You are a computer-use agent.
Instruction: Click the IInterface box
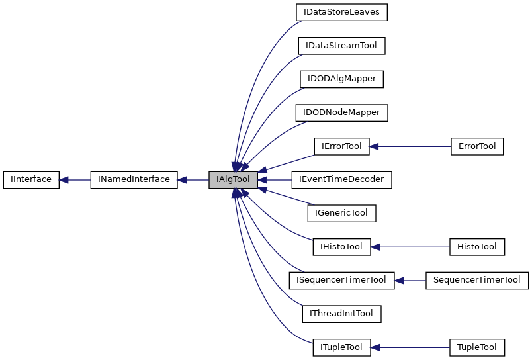tap(31, 179)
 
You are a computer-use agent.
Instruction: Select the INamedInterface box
tap(134, 179)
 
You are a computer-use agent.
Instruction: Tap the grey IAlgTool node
tap(232, 179)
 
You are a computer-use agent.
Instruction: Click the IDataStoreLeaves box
tap(341, 12)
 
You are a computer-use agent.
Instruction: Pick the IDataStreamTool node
tap(341, 46)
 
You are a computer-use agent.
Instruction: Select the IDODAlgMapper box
tap(341, 79)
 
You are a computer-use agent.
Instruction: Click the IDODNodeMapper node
tap(341, 112)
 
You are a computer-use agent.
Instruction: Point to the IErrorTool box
tap(341, 146)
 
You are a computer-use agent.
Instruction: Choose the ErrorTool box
tap(476, 146)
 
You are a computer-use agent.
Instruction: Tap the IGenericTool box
tap(341, 213)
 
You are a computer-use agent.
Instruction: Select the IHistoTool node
tap(341, 247)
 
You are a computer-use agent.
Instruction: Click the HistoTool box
tap(476, 247)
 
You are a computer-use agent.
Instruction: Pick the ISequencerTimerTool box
tap(341, 280)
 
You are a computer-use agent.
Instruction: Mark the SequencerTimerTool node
tap(476, 280)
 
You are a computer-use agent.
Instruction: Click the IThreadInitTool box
tap(341, 314)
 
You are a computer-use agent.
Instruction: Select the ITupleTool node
tap(341, 347)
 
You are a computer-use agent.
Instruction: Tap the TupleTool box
tap(476, 347)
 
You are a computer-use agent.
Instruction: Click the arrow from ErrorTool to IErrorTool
tap(410, 146)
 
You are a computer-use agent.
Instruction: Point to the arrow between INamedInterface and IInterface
tap(75, 179)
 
